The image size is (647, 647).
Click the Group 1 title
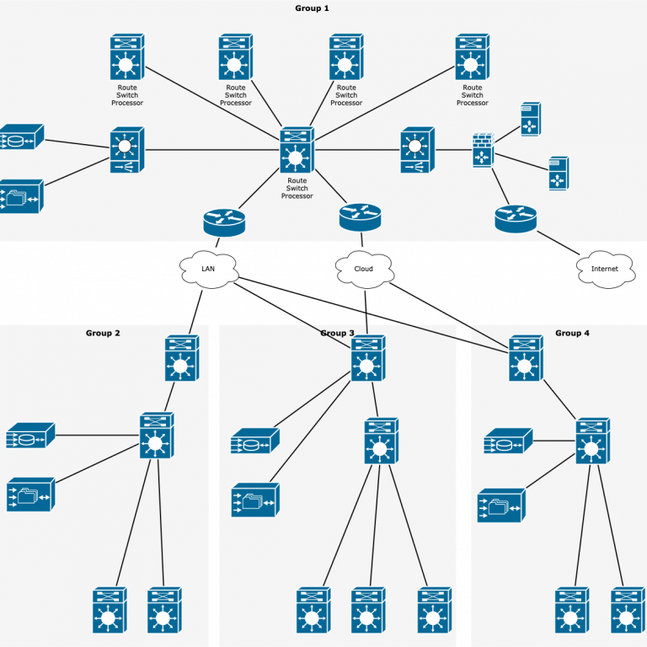(312, 8)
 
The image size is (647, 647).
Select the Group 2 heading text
(103, 334)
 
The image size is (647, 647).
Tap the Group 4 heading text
(572, 334)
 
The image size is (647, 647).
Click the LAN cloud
(208, 270)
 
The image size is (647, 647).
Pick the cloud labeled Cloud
(364, 270)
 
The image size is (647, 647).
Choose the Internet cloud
(605, 270)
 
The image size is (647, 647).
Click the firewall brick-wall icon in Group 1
(482, 150)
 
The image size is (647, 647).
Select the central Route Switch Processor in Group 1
(297, 151)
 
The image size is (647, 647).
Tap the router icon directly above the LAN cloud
(224, 222)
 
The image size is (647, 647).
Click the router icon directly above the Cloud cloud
(361, 217)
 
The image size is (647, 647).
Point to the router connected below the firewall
(516, 218)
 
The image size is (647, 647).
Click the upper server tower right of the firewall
(530, 120)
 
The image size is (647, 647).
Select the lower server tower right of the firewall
(558, 174)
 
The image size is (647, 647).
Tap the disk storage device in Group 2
(29, 436)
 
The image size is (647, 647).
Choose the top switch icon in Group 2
(181, 358)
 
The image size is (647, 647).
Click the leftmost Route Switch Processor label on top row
(127, 95)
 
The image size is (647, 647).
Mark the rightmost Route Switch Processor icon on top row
(472, 57)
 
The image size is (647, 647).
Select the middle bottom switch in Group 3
(367, 611)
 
